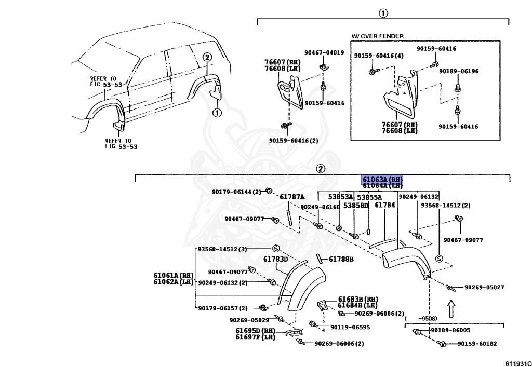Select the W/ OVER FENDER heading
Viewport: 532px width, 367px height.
coord(378,36)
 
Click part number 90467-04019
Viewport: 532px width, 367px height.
coord(324,52)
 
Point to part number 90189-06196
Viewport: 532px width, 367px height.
coord(459,71)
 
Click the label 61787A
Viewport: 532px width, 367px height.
coord(292,197)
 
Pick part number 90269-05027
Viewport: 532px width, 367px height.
coord(484,287)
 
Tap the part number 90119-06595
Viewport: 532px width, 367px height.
coord(350,327)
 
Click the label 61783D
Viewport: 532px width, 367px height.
coord(275,260)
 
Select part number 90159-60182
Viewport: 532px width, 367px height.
coord(477,344)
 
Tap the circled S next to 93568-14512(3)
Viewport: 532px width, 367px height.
coord(276,248)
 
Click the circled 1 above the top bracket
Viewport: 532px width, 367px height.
coord(383,13)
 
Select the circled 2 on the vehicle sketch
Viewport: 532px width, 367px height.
coord(206,58)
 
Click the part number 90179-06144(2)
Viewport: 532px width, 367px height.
coord(236,192)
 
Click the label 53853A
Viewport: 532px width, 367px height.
coord(340,197)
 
